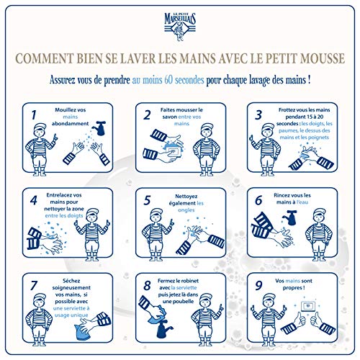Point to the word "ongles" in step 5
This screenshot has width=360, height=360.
[185, 212]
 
